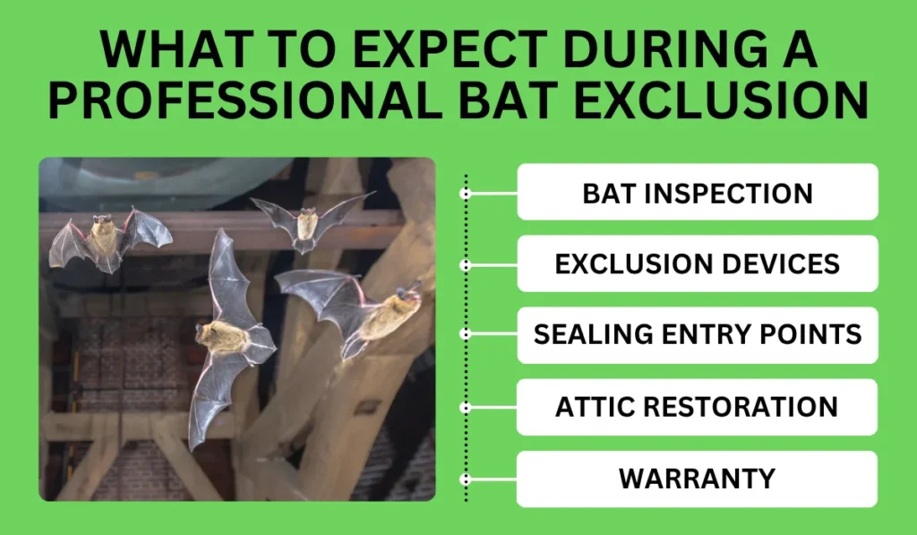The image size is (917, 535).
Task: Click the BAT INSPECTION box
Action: [697, 192]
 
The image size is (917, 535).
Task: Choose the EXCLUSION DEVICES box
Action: [697, 263]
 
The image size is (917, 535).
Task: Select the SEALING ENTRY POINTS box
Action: [697, 335]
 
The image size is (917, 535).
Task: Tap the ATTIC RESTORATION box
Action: [697, 407]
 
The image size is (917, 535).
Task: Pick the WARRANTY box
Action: [697, 479]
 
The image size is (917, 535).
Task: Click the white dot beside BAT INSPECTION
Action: [465, 193]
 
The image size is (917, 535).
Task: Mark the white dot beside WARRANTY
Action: [465, 479]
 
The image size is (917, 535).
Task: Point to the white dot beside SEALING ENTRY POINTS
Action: [465, 333]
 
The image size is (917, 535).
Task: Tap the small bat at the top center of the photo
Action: [307, 220]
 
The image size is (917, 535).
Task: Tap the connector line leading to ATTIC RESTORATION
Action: [493, 407]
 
